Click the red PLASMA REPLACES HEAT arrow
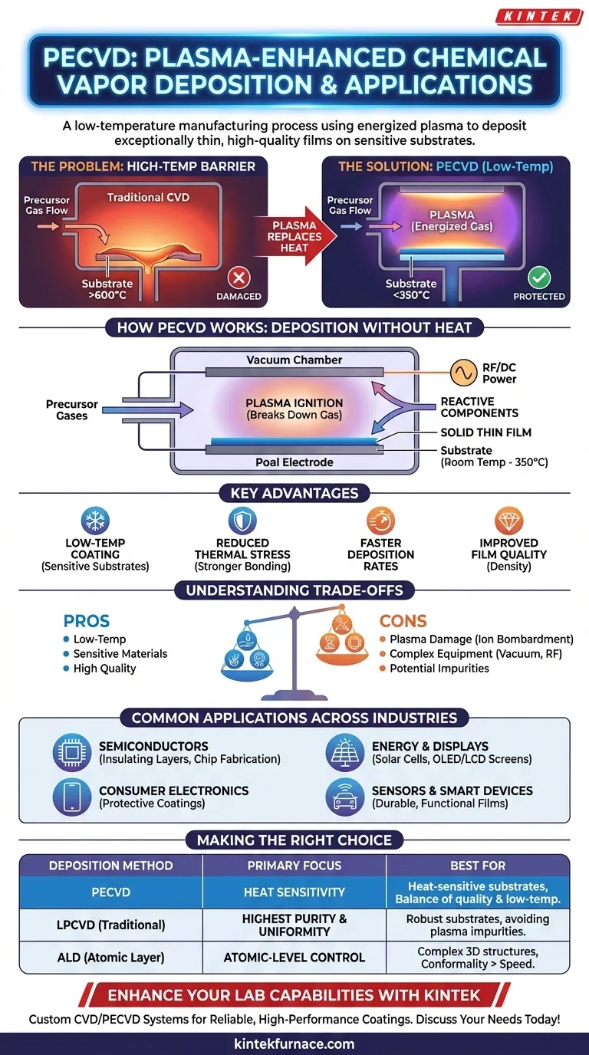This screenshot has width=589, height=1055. click(x=295, y=236)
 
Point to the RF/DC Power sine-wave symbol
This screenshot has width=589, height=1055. click(x=462, y=373)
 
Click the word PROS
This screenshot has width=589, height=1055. click(x=87, y=621)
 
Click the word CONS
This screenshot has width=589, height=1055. click(x=403, y=621)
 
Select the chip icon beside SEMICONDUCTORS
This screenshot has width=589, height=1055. click(x=72, y=752)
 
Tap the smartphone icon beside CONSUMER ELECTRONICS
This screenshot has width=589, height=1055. click(x=72, y=797)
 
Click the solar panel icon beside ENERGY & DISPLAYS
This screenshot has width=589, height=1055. click(x=344, y=752)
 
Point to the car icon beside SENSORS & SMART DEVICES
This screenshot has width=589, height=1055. click(x=344, y=797)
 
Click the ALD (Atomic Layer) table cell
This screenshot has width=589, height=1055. click(x=110, y=957)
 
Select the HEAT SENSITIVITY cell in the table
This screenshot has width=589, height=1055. click(x=294, y=892)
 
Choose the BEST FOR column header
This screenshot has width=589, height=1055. click(x=478, y=866)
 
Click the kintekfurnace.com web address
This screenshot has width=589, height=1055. click(x=294, y=1043)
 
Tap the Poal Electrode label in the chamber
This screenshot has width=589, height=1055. click(x=294, y=462)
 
